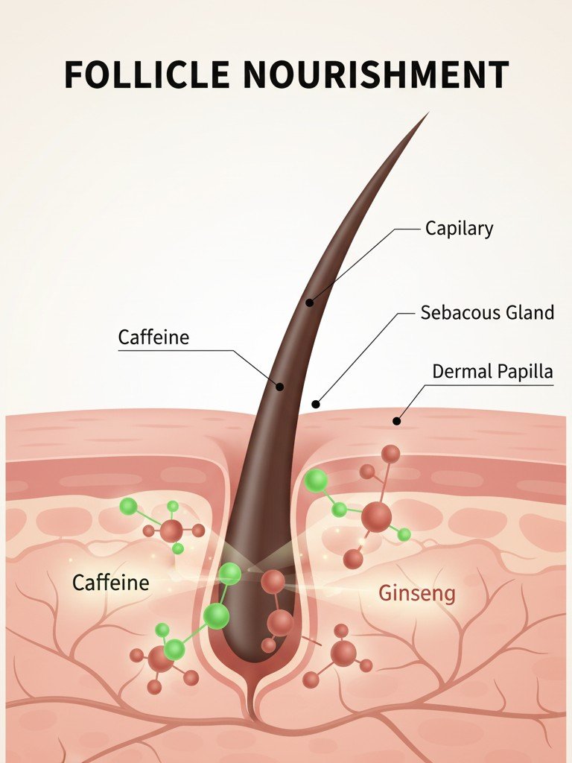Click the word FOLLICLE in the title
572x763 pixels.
tap(147, 75)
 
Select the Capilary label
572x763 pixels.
tap(459, 228)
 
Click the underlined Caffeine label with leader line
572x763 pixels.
tap(153, 338)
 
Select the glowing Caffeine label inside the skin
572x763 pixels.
tap(110, 582)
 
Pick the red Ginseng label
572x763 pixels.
tap(416, 594)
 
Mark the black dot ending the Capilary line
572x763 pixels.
tap(310, 303)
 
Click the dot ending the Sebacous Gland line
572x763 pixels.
tap(316, 405)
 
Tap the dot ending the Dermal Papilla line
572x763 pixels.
tap(396, 422)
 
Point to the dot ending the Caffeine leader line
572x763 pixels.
tap(280, 387)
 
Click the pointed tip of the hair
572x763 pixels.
tap(428, 113)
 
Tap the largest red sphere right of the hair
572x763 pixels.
tap(376, 516)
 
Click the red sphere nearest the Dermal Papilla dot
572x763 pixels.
tap(390, 454)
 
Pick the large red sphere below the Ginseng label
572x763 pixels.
tap(343, 653)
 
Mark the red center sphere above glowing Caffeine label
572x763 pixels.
tap(171, 531)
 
